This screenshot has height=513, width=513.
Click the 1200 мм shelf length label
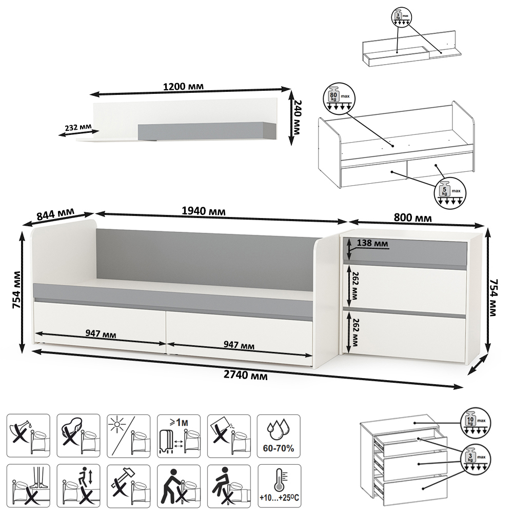pos(183,87)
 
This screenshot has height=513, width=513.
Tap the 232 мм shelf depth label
pos(78,127)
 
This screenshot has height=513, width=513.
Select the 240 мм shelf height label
pos(297,117)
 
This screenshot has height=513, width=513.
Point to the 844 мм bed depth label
pos(55,214)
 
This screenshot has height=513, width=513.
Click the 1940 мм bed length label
pos(204,211)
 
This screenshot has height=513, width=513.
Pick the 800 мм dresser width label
pos(412,218)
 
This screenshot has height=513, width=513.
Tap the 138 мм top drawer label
pos(372,243)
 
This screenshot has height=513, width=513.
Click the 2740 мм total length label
pos(245,375)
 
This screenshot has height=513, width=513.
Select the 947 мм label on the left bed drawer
pos(101,334)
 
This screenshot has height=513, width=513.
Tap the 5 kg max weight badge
pos(449,192)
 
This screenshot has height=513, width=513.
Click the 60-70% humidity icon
pos(279,436)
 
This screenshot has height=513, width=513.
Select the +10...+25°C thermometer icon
pos(279,486)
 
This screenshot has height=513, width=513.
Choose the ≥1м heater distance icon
pos(179,436)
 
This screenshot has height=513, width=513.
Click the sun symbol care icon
pos(129,436)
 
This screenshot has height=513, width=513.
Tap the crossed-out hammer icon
pos(129,486)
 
